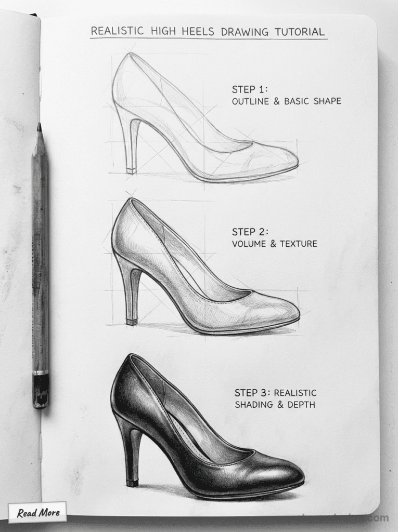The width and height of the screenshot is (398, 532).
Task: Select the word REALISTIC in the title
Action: point(118,31)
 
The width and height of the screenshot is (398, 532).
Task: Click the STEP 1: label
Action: point(250,89)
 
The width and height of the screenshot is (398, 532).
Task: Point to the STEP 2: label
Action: point(250,232)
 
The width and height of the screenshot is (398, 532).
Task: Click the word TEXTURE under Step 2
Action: point(298,244)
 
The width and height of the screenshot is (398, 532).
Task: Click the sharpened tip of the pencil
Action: point(38,126)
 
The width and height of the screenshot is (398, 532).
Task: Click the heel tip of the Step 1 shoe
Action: point(131,170)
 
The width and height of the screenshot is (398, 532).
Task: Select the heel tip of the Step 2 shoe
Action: point(132,321)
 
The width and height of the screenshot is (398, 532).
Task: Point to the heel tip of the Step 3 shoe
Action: point(133,483)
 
